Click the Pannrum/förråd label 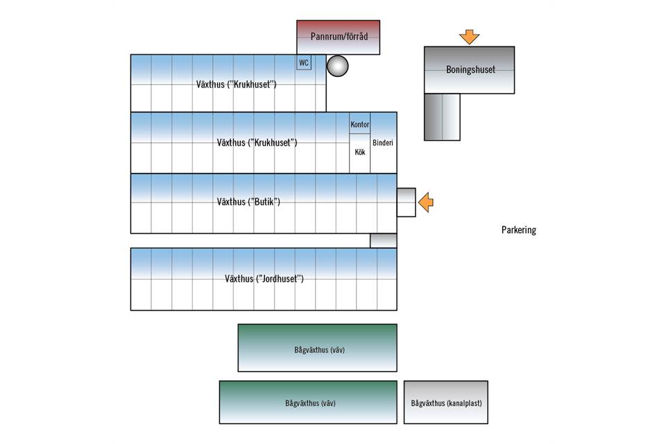pos(338,37)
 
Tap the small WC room pos(303,63)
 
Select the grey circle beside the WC pos(337,66)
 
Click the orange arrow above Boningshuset pos(470,37)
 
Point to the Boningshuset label pos(470,70)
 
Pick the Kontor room pos(359,124)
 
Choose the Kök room pos(359,153)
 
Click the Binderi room pos(383,143)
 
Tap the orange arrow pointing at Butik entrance pos(426,203)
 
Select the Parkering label pos(519,230)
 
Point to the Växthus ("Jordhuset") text pos(264,279)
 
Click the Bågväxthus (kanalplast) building pos(446,402)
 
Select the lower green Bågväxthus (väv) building pos(308,402)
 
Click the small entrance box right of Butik pos(406,203)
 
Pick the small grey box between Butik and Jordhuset pos(383,241)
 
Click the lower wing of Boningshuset pos(442,117)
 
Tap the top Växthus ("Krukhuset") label pos(237,85)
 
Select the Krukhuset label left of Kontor pos(257,143)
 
